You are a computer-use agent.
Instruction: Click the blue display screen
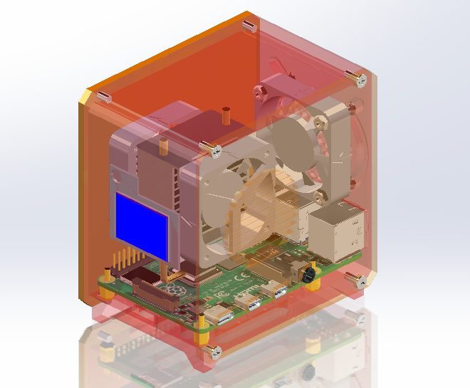tap(141, 226)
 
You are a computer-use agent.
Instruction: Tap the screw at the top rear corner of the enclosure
tap(249, 26)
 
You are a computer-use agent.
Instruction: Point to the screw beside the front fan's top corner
tap(211, 149)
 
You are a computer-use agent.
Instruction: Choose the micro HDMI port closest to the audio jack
tap(272, 290)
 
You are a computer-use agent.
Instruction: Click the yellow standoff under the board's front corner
tap(202, 330)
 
